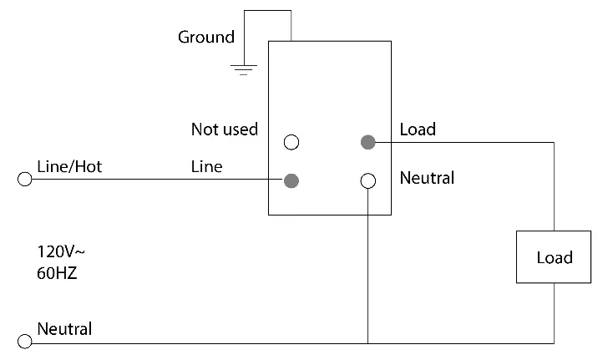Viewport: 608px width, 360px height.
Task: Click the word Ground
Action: (205, 38)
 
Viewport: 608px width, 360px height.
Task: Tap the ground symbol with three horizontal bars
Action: (243, 68)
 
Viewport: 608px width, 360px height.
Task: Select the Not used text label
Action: (224, 129)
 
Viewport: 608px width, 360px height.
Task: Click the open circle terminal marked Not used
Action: (291, 142)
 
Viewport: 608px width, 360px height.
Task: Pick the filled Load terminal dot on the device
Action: (367, 142)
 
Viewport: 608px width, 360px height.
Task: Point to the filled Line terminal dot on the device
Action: (291, 180)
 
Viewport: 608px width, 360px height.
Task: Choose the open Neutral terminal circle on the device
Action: (367, 180)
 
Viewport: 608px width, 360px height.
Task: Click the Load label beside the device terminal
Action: (418, 129)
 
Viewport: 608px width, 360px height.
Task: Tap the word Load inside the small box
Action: (554, 257)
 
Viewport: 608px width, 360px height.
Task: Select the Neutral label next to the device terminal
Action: (427, 178)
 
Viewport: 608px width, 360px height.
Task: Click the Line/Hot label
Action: (69, 167)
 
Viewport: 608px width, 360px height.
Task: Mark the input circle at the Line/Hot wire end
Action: (25, 180)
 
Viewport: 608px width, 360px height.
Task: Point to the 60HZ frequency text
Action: (57, 272)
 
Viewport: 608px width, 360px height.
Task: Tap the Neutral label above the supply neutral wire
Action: (64, 328)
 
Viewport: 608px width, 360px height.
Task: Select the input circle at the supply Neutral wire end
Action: (25, 342)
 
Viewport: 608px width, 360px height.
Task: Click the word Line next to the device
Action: (206, 167)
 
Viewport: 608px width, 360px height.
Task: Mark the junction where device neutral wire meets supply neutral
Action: (367, 342)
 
